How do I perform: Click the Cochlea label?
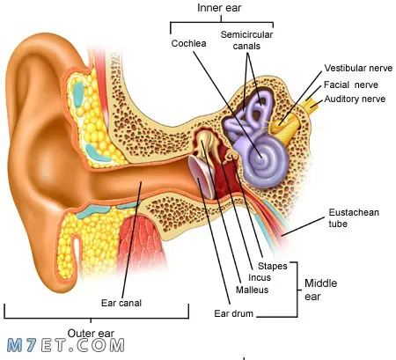click(188, 43)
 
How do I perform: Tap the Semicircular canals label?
click(246, 40)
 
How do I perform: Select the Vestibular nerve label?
click(358, 68)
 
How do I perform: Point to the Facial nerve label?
click(351, 84)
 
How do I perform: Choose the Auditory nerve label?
click(355, 99)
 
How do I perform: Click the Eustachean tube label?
click(354, 218)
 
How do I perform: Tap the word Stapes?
click(273, 266)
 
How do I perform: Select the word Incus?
click(260, 277)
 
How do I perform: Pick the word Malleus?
click(253, 290)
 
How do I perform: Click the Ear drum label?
click(234, 313)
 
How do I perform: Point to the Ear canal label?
click(121, 303)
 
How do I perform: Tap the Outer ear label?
click(91, 334)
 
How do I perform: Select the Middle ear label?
click(320, 290)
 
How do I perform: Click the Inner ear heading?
click(219, 8)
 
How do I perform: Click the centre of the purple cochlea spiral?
click(260, 158)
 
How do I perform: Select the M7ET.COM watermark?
click(66, 345)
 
